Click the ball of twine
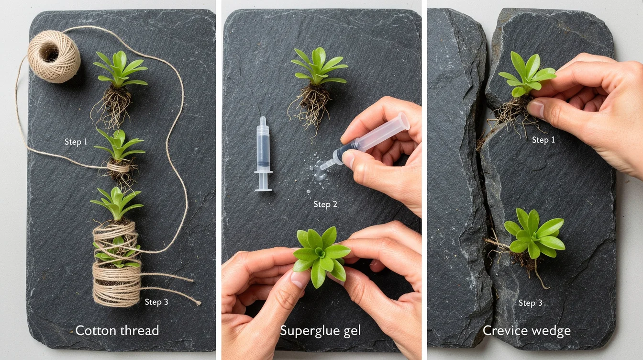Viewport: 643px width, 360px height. pos(54,56)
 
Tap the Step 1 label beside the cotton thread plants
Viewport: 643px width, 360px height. pos(76,142)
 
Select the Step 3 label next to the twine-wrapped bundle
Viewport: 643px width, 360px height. pos(156,302)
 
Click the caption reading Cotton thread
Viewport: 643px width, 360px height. pos(117,330)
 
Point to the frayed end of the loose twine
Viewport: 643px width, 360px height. pos(198,302)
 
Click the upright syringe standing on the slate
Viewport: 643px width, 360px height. pos(263,154)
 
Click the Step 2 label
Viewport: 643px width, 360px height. pos(325,204)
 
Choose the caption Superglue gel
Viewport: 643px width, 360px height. pos(321,330)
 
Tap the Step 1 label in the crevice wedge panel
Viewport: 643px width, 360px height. pos(543,140)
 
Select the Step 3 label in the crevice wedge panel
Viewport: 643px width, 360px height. pos(530,303)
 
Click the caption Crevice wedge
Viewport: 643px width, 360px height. pos(526,330)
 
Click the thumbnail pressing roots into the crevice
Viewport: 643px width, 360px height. pos(536,109)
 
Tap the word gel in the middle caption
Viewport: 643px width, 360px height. pos(352,331)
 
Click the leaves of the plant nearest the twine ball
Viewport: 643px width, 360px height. pos(120,69)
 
